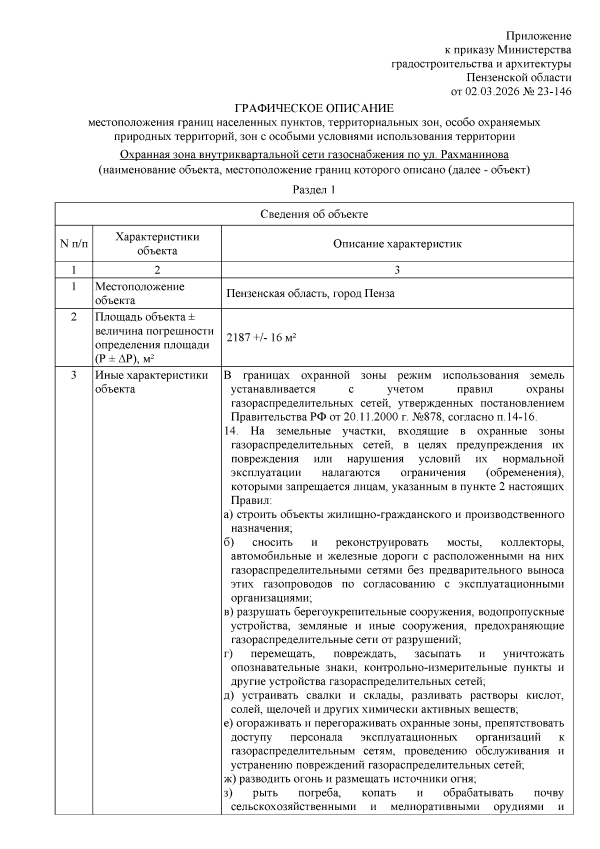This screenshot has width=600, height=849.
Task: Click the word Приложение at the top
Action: (538, 36)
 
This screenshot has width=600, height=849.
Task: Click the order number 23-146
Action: (554, 91)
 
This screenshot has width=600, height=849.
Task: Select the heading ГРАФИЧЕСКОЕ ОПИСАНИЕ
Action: (314, 108)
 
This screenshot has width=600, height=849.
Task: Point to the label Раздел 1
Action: (313, 190)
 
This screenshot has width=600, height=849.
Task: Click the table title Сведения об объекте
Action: (314, 214)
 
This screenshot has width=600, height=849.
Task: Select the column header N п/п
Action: (73, 244)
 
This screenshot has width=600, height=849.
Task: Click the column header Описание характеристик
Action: (397, 244)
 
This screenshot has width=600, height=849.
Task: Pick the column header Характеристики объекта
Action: (157, 244)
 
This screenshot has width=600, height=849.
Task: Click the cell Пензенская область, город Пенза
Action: (310, 293)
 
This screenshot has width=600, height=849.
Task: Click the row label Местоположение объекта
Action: (139, 293)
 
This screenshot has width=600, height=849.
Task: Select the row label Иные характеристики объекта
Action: (151, 382)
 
